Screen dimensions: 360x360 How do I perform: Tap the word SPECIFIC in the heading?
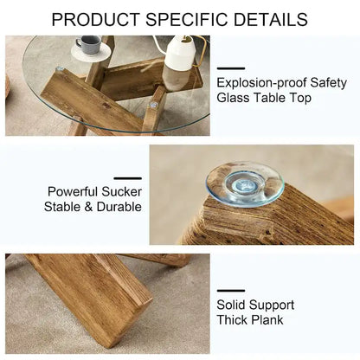click(x=187, y=18)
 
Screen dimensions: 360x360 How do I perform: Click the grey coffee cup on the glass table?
click(x=88, y=44)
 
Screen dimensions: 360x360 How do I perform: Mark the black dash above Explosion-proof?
click(x=231, y=68)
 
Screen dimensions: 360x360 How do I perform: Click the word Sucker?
click(x=123, y=191)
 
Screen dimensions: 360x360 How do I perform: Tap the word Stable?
click(x=63, y=207)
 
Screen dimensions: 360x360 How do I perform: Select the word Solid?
click(x=232, y=305)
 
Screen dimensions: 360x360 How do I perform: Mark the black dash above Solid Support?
click(x=231, y=290)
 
